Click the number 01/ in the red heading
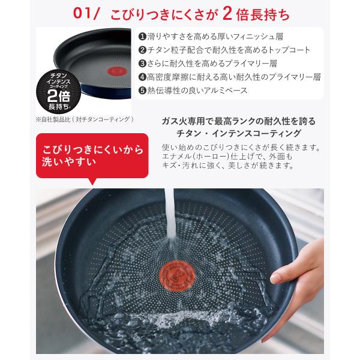point(86,13)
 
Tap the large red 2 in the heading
point(227,13)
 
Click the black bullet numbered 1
point(142,37)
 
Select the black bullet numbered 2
point(142,50)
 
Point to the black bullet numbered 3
point(142,64)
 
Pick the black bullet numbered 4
point(142,77)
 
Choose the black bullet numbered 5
point(142,91)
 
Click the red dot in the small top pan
point(116,71)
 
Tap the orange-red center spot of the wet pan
point(177,275)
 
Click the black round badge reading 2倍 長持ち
point(59,91)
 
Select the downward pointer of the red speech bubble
point(92,181)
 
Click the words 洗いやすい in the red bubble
point(69,162)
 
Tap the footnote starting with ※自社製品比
point(85,119)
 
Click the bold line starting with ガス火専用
point(239,121)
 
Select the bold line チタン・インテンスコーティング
point(239,133)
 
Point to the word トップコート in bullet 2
point(289,50)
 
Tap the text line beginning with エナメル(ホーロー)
point(227,157)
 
